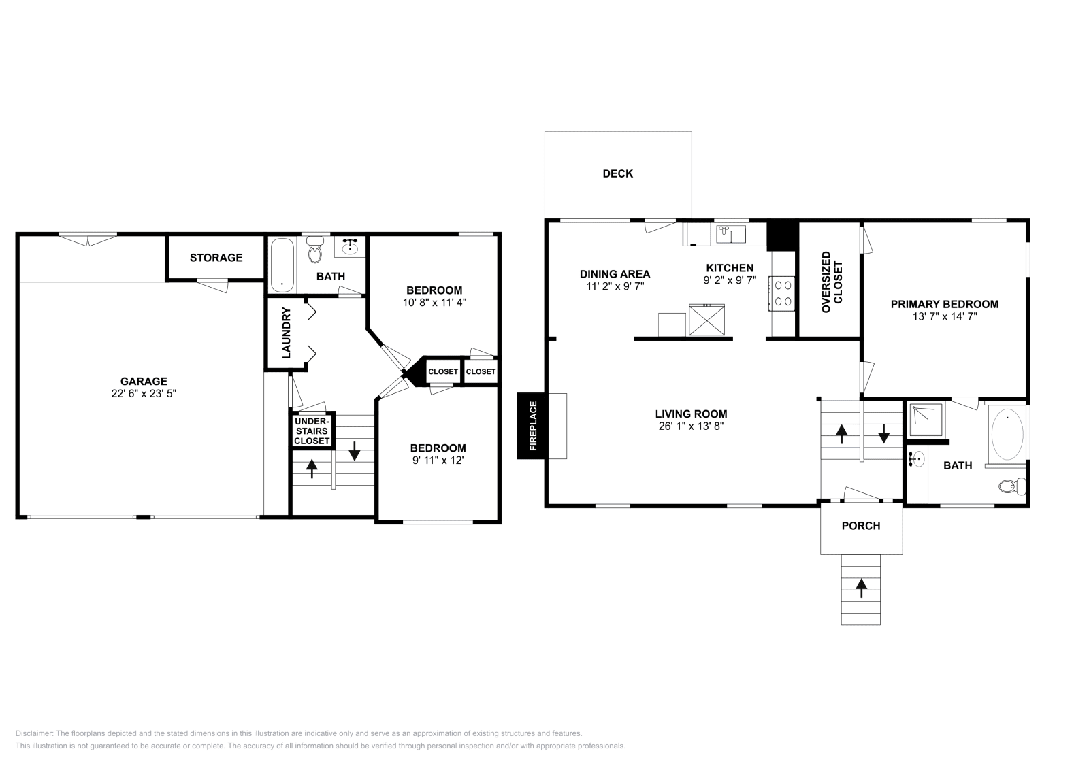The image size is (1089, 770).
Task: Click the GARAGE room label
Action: [x=144, y=382]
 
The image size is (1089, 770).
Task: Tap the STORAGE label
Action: [x=216, y=258]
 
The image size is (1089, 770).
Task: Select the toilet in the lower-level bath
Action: [x=316, y=249]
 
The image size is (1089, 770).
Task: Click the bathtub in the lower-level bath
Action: [x=282, y=265]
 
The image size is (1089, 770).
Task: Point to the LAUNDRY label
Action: [x=286, y=333]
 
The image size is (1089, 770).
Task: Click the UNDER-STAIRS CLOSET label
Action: [x=312, y=431]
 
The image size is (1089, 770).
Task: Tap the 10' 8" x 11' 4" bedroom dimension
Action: [x=434, y=303]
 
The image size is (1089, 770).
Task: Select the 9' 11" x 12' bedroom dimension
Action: [x=438, y=460]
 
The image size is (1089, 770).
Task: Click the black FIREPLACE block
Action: [x=533, y=426]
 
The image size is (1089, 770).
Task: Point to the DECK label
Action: [x=617, y=173]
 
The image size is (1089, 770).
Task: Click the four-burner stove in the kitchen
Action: [x=782, y=293]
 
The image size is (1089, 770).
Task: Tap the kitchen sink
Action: [x=731, y=234]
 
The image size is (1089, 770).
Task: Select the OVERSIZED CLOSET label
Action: [x=832, y=282]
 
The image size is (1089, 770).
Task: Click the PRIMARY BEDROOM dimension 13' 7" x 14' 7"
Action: [x=945, y=317]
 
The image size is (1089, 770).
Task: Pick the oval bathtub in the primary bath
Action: [x=1007, y=434]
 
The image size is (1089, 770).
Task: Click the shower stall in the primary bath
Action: [x=926, y=420]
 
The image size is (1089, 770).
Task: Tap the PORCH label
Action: [x=861, y=526]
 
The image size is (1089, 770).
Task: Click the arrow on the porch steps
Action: [x=861, y=588]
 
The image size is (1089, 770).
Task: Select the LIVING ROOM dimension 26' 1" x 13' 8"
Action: [x=691, y=426]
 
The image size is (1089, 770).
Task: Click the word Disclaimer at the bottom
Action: [x=34, y=733]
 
